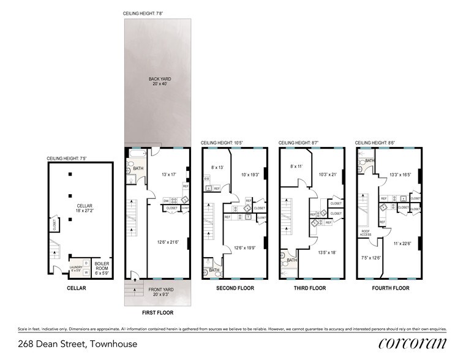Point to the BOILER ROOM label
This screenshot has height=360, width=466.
point(100,265)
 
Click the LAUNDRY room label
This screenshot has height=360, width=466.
point(75,267)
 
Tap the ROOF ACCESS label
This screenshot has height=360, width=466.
point(366,233)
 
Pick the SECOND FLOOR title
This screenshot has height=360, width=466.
point(233,288)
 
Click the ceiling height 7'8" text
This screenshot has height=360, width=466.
point(144,13)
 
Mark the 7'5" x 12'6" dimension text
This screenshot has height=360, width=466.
point(370,258)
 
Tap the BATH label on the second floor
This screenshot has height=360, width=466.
point(214,269)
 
